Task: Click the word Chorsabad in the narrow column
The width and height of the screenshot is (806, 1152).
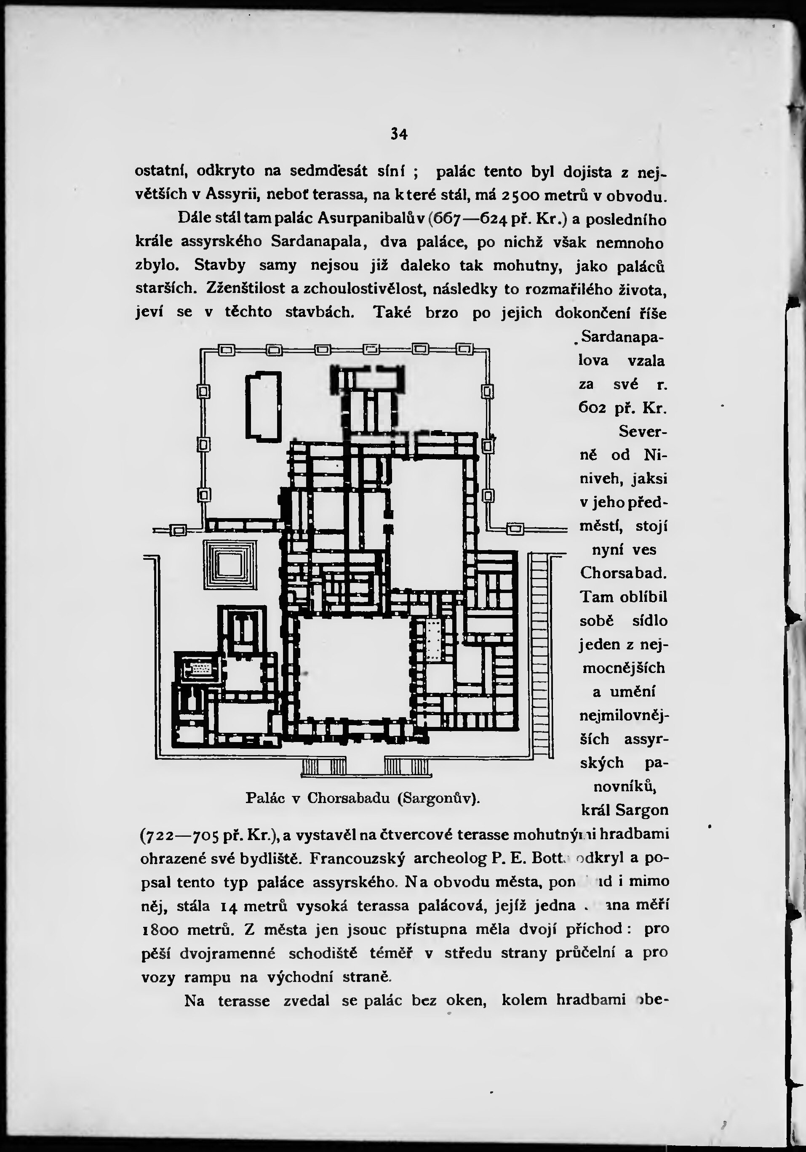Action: coord(623,573)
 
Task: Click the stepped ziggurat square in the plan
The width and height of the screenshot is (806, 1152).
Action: coord(230,564)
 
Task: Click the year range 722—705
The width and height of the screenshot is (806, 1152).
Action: coord(178,835)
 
